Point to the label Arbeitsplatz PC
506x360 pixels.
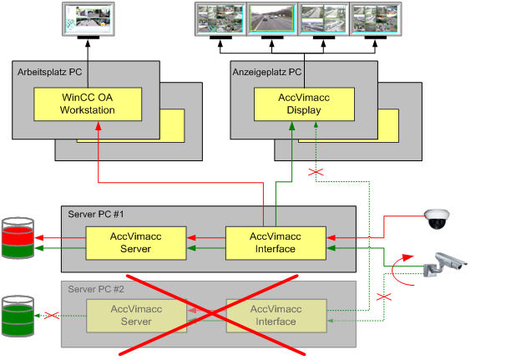click(49, 73)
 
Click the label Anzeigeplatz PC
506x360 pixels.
click(266, 73)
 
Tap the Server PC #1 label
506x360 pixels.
click(96, 215)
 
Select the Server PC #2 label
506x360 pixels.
click(96, 289)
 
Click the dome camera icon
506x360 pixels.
click(437, 218)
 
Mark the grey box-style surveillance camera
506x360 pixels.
click(443, 263)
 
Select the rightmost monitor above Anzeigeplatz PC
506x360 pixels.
click(375, 19)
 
